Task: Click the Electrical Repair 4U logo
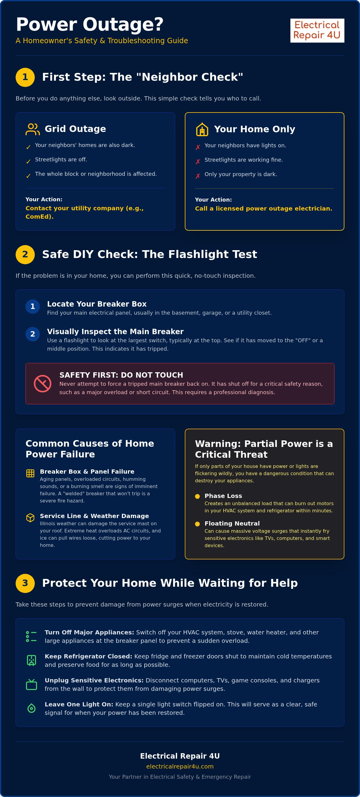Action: [x=317, y=30]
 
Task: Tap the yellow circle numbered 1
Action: [x=25, y=77]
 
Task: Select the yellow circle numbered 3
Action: [x=25, y=583]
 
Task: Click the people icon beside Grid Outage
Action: [x=32, y=129]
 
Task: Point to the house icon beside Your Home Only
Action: [x=202, y=129]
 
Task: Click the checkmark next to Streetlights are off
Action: [x=28, y=161]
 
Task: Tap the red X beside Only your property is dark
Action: [x=198, y=176]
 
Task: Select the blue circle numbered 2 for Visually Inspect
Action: [x=32, y=334]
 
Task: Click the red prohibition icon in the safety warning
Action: [x=42, y=383]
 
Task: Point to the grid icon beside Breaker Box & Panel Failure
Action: [x=30, y=473]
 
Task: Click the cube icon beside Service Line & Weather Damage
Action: [x=30, y=518]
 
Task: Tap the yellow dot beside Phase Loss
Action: [x=197, y=496]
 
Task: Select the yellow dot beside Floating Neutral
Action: [x=197, y=524]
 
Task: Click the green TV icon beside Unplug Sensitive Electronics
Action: [x=31, y=685]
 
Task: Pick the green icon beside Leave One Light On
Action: [x=31, y=708]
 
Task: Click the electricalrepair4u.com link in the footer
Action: [x=180, y=766]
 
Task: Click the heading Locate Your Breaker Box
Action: [x=97, y=304]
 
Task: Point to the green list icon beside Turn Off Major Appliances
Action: [x=31, y=637]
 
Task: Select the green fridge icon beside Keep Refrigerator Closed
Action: [x=31, y=660]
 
